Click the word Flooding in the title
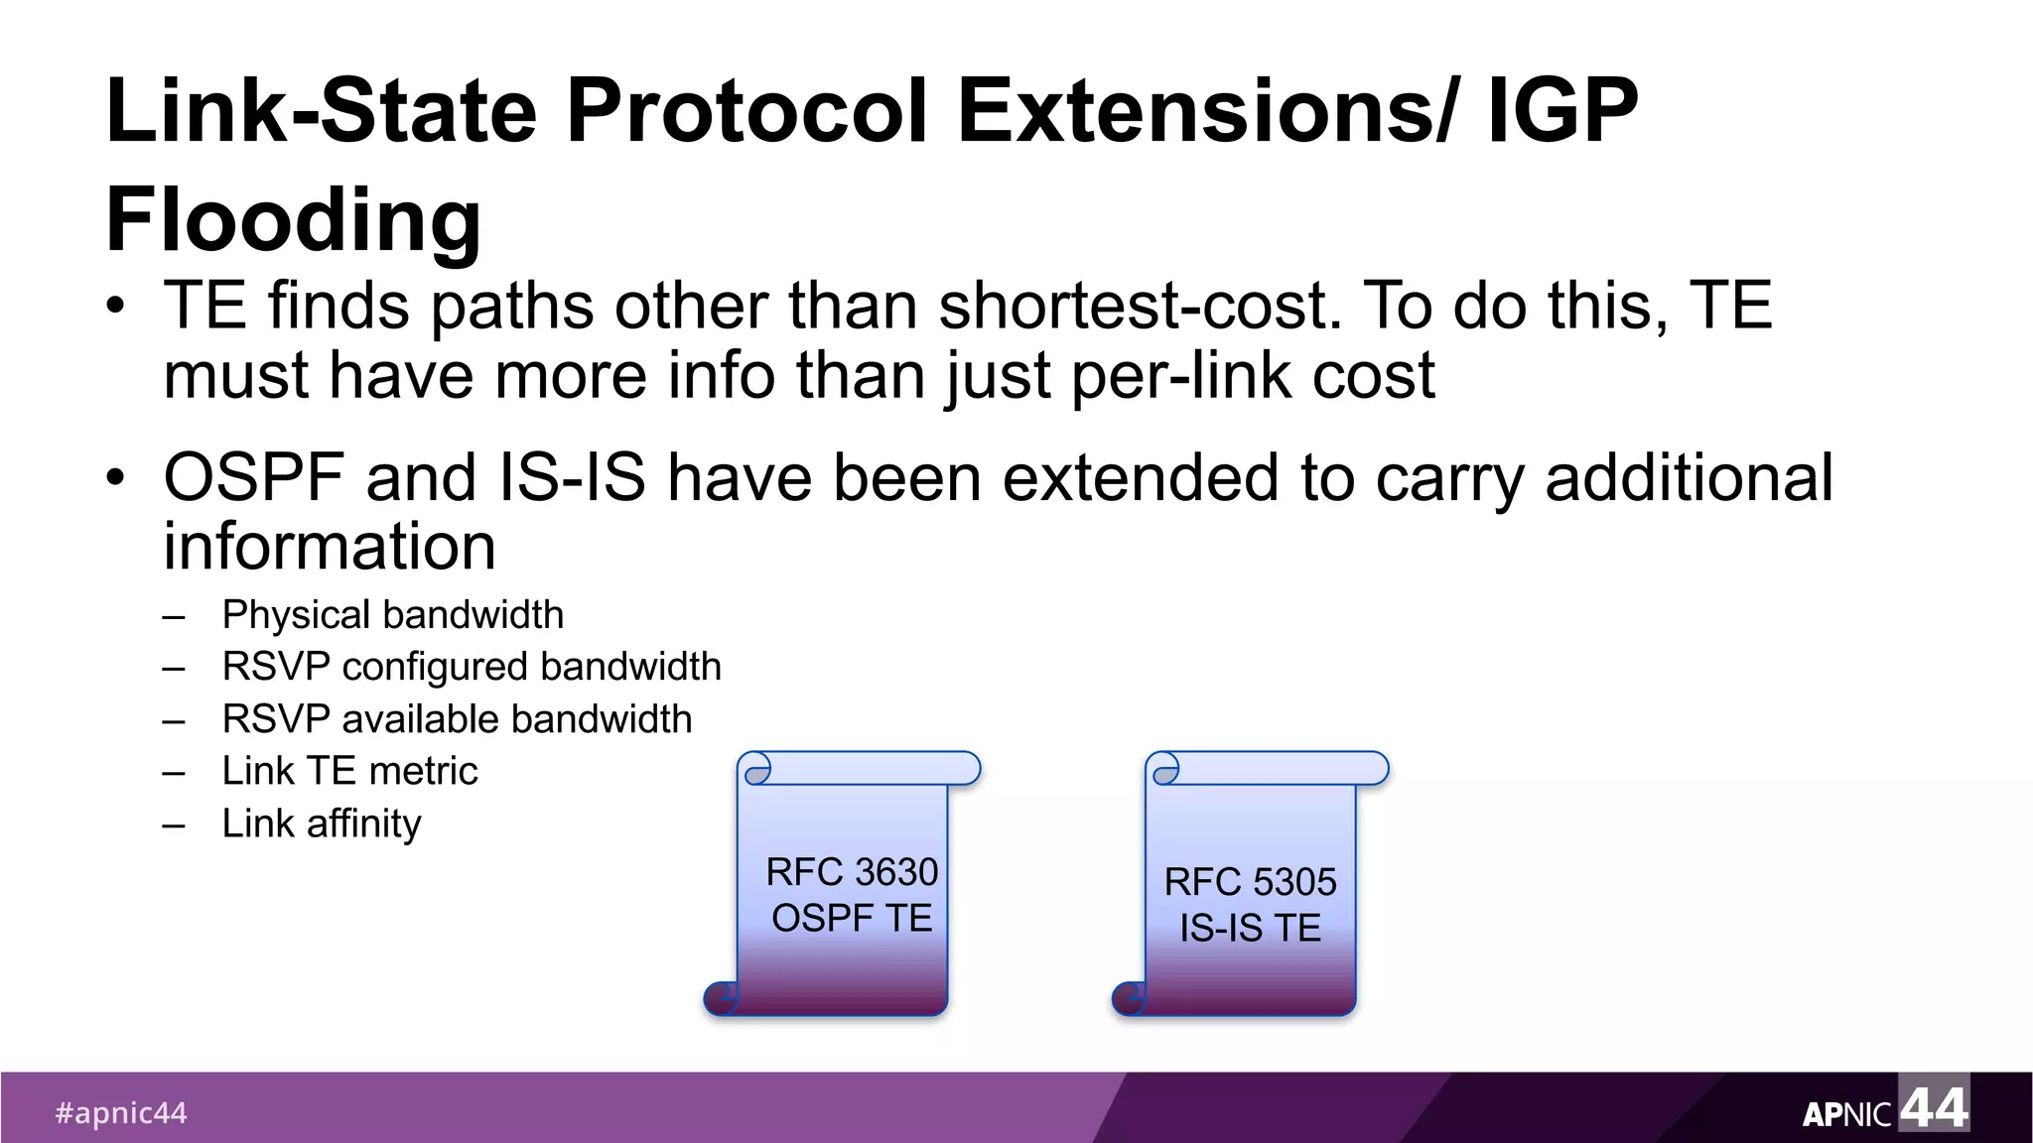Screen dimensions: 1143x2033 [293, 220]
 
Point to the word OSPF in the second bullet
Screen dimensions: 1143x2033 [254, 477]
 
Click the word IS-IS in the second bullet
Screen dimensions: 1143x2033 [572, 477]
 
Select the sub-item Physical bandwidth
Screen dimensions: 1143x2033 [392, 615]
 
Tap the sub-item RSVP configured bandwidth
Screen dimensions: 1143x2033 [472, 667]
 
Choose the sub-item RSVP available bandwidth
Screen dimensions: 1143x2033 [457, 719]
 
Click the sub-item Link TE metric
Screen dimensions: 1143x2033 [349, 771]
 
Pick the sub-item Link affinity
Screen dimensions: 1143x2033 [322, 824]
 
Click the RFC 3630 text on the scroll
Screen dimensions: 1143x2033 [852, 872]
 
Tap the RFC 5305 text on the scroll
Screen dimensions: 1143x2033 [1250, 882]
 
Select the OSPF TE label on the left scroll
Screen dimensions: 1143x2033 [852, 919]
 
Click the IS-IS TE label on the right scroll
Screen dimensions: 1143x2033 [1250, 929]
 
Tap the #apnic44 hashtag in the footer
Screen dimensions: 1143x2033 [121, 1113]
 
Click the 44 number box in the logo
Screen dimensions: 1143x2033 [1934, 1104]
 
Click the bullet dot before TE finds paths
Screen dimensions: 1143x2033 [116, 307]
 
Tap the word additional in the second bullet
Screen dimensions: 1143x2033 [1690, 477]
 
